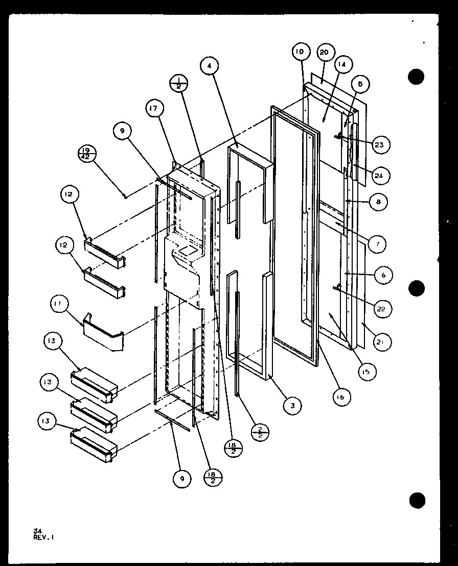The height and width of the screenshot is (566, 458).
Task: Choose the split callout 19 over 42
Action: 86,153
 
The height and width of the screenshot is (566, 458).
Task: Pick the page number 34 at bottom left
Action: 37,531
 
